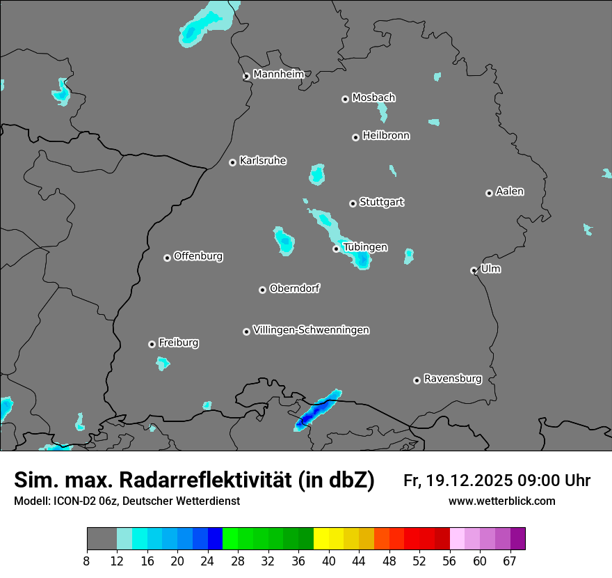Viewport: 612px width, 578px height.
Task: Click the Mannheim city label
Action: (x=279, y=75)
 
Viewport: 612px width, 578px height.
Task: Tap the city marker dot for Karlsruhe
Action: (x=232, y=162)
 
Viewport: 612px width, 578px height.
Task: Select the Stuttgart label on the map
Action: (x=382, y=202)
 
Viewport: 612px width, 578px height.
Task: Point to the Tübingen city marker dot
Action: (x=336, y=249)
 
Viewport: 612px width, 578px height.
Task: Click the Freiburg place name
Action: (x=179, y=343)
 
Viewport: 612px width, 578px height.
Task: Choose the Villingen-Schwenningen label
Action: (x=312, y=330)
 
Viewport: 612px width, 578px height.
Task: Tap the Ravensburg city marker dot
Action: (x=417, y=380)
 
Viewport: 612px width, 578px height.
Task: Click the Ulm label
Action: (x=491, y=269)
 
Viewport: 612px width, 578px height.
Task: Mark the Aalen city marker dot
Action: (x=489, y=193)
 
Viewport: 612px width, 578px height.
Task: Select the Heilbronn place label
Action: (x=386, y=136)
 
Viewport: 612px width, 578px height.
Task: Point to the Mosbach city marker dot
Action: (x=345, y=99)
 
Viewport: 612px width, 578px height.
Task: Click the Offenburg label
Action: (x=198, y=256)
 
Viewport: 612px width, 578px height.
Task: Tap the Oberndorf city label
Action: (x=295, y=288)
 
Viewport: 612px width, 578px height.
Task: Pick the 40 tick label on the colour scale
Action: (x=329, y=562)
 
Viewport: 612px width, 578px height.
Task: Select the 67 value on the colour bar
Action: (x=510, y=562)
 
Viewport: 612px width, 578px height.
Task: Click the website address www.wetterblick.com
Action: (x=501, y=501)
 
